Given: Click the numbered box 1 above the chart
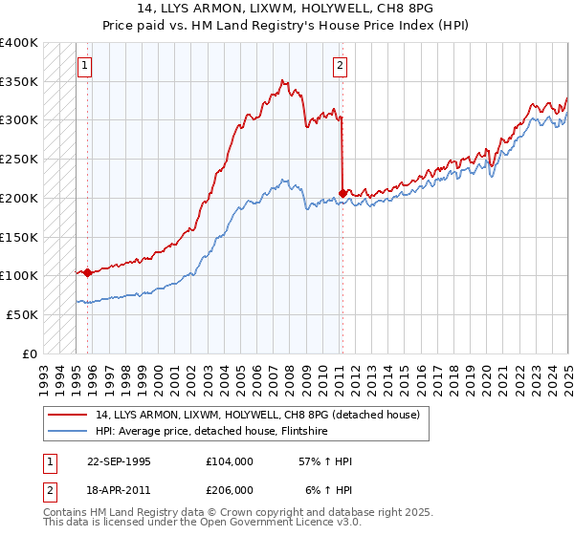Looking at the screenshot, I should pyautogui.click(x=85, y=66).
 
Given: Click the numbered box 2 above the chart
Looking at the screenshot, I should pyautogui.click(x=340, y=66).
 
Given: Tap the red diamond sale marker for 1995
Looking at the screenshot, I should pyautogui.click(x=88, y=272).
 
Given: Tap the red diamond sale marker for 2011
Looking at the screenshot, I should pyautogui.click(x=342, y=193).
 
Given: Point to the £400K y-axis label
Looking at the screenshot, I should pyautogui.click(x=19, y=43).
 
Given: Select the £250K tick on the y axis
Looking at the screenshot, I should pyautogui.click(x=19, y=160).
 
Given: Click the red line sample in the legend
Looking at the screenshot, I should pyautogui.click(x=67, y=415).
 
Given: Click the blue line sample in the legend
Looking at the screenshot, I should pyautogui.click(x=67, y=431).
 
